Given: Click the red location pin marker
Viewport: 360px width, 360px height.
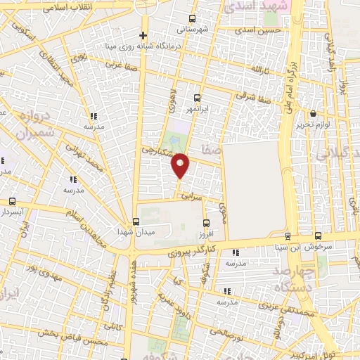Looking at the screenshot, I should [x=181, y=166].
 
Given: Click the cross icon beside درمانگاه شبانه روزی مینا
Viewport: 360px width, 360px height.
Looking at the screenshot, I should [x=143, y=35].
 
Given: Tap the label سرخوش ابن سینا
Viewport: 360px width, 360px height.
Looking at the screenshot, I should [x=337, y=247].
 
